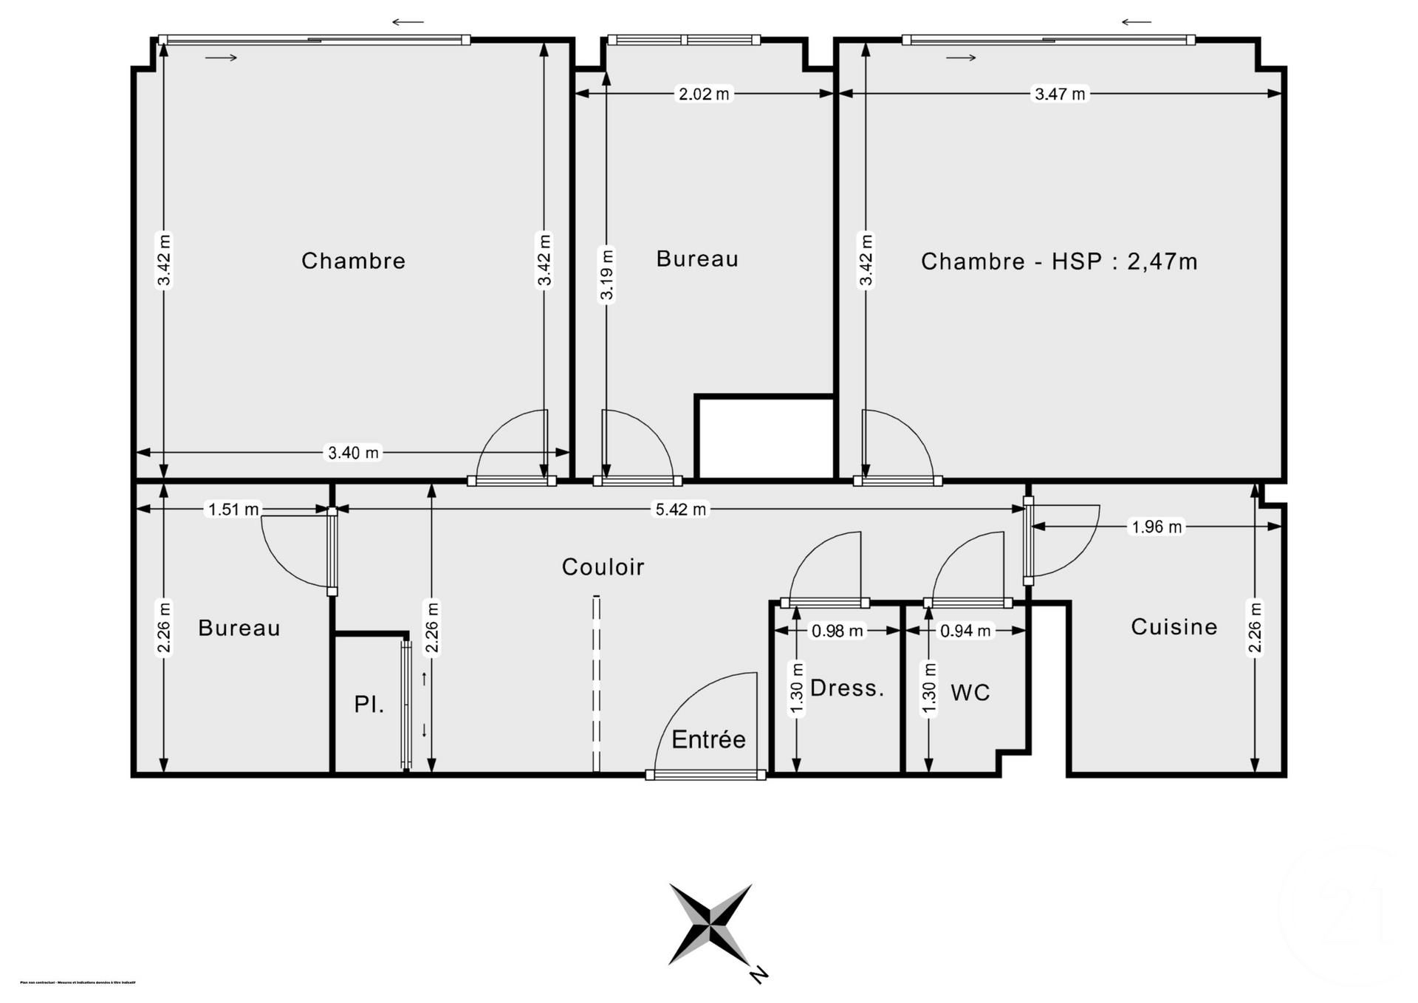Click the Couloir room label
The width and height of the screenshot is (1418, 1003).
click(x=603, y=567)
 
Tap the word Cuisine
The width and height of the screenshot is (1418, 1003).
click(x=1174, y=627)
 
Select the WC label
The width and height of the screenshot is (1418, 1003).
click(x=970, y=693)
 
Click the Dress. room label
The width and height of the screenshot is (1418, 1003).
click(x=846, y=688)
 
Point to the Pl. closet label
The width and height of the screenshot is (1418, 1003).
click(x=369, y=705)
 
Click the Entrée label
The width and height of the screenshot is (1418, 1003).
click(x=708, y=739)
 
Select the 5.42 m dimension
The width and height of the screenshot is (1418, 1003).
click(x=680, y=510)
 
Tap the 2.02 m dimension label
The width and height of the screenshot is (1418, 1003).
click(x=704, y=94)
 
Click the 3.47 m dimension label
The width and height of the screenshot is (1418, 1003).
click(x=1060, y=94)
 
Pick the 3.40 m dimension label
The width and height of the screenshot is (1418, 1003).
click(x=353, y=453)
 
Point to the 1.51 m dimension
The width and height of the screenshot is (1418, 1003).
click(x=233, y=510)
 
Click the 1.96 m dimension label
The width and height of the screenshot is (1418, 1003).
click(x=1157, y=527)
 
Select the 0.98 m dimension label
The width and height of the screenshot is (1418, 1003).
click(x=837, y=631)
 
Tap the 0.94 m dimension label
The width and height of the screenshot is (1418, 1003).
click(x=965, y=631)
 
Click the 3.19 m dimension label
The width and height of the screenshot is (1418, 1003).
click(x=606, y=275)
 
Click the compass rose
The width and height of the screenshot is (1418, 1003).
click(x=710, y=924)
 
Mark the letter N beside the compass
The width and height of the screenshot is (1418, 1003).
click(x=758, y=974)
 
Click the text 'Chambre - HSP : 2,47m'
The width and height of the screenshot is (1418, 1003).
click(x=1058, y=261)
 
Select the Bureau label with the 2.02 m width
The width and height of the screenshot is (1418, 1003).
click(x=697, y=259)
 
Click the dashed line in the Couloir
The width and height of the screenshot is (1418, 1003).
click(x=596, y=683)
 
